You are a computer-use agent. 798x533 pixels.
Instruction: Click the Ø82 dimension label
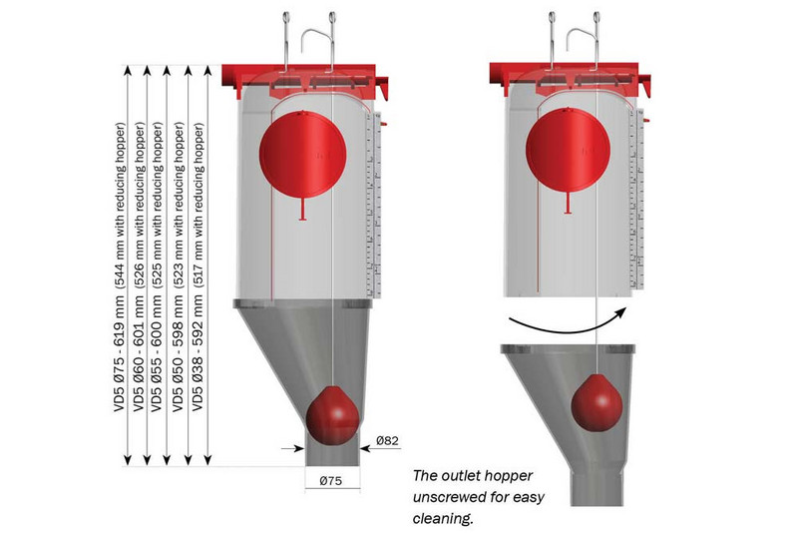[x=389, y=440]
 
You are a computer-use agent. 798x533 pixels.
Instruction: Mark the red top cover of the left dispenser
[x=304, y=74]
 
